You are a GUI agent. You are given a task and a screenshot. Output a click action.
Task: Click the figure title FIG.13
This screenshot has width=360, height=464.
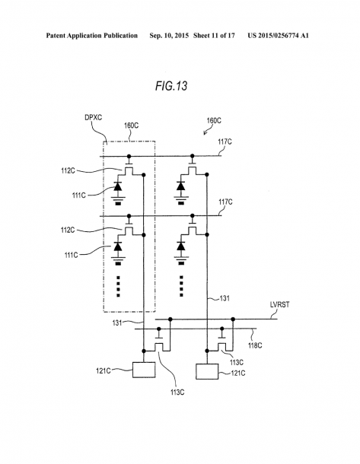click(x=171, y=86)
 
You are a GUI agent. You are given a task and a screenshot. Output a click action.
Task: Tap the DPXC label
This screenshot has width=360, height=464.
click(x=94, y=117)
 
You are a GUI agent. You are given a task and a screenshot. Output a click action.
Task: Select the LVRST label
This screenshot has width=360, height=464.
click(x=279, y=305)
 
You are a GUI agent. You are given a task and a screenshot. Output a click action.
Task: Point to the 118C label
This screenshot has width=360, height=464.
click(x=255, y=345)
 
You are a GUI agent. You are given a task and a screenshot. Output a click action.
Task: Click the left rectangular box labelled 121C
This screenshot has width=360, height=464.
click(x=144, y=370)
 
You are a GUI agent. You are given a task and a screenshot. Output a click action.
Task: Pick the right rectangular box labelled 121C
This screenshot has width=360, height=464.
click(x=207, y=371)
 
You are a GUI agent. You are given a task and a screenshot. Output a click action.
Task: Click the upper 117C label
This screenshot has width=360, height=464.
click(x=225, y=141)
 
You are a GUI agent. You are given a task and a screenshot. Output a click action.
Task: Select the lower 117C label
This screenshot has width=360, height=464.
click(x=225, y=202)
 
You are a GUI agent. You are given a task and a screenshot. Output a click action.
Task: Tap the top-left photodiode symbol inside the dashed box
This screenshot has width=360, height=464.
click(x=118, y=186)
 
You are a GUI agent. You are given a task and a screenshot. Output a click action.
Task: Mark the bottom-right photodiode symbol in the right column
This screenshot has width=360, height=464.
click(x=180, y=246)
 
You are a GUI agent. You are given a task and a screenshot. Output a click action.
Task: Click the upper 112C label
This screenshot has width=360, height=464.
click(x=68, y=170)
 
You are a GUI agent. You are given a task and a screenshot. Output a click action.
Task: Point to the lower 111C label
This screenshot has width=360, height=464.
click(x=72, y=255)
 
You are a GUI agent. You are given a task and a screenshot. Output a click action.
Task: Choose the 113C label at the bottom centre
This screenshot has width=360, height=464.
click(x=177, y=392)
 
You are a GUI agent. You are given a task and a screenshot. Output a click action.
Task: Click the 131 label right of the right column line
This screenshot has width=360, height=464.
click(x=225, y=298)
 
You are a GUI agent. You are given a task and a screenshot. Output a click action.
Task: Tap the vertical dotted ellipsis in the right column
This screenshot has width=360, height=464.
click(x=181, y=286)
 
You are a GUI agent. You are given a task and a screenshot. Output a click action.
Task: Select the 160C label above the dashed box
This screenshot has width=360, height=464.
click(x=131, y=126)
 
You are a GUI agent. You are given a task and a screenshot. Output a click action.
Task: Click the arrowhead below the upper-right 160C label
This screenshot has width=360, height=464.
click(x=205, y=133)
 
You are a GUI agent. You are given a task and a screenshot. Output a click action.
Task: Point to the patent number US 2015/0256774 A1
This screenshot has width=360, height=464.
click(x=279, y=36)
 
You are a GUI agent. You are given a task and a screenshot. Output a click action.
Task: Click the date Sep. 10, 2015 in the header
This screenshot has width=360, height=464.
click(x=169, y=36)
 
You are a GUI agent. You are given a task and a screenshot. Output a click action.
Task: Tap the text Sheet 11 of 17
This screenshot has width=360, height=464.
click(x=214, y=36)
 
